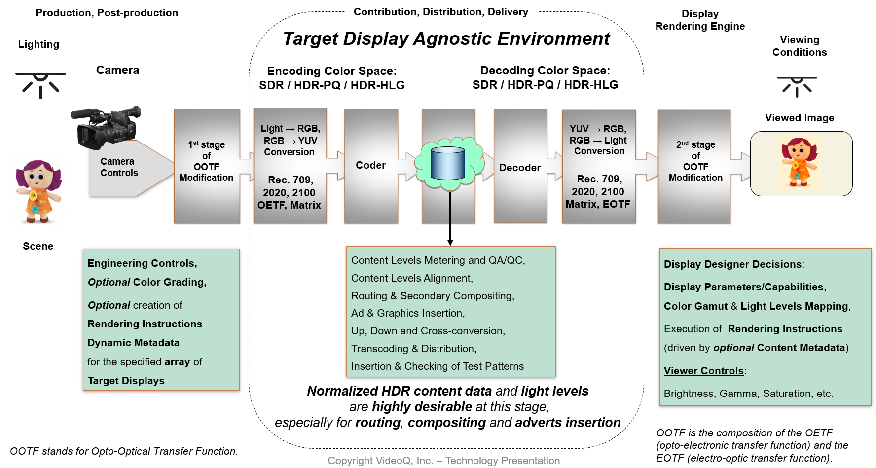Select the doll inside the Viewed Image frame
(x=799, y=162)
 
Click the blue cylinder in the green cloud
(x=448, y=163)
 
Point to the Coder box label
(x=371, y=165)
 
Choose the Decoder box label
(x=520, y=168)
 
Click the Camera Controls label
(x=119, y=167)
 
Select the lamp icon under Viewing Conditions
(x=797, y=86)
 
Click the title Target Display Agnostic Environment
(x=446, y=38)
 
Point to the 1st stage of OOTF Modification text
(x=207, y=161)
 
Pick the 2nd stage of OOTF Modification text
(x=695, y=161)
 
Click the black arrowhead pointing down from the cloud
(x=450, y=242)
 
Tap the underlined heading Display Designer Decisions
(x=732, y=264)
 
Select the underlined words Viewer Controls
(x=703, y=371)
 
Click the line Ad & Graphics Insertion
(x=408, y=313)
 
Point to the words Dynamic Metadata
(x=134, y=343)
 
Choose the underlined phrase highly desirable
(x=422, y=407)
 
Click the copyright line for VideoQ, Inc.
(x=443, y=461)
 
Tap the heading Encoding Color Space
(x=331, y=71)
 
